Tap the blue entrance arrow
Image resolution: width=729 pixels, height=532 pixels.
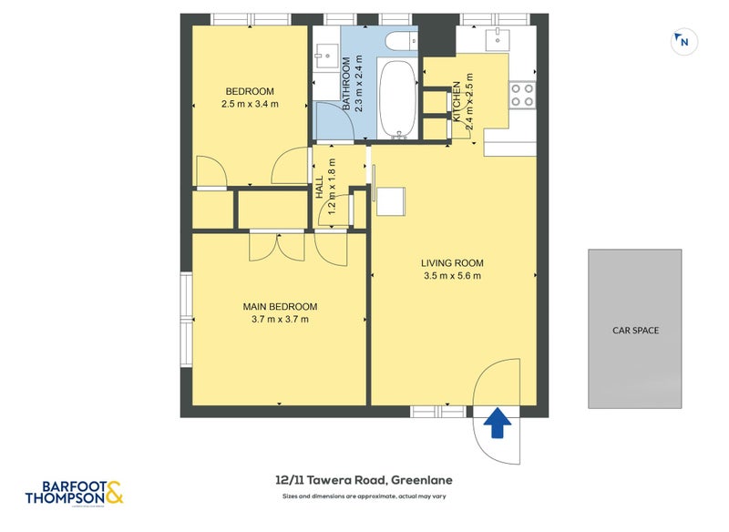pyautogui.click(x=498, y=424)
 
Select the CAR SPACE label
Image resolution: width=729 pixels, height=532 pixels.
pyautogui.click(x=635, y=330)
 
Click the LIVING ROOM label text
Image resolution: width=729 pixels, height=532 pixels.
pyautogui.click(x=451, y=261)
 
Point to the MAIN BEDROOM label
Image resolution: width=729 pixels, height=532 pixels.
pyautogui.click(x=280, y=306)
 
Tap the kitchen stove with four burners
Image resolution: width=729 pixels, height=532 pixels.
pyautogui.click(x=521, y=95)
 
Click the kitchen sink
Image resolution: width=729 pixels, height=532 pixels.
pyautogui.click(x=498, y=37)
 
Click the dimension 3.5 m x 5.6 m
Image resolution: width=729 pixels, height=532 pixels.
pyautogui.click(x=451, y=276)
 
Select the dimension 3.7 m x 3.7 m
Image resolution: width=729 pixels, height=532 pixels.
pyautogui.click(x=280, y=320)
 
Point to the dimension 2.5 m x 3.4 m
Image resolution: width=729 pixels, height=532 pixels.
pyautogui.click(x=249, y=105)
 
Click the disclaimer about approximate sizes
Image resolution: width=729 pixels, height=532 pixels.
pyautogui.click(x=364, y=496)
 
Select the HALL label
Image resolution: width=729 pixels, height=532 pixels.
pyautogui.click(x=320, y=189)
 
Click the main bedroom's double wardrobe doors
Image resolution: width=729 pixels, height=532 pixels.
pyautogui.click(x=275, y=247)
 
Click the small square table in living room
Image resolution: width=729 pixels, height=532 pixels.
pyautogui.click(x=390, y=199)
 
